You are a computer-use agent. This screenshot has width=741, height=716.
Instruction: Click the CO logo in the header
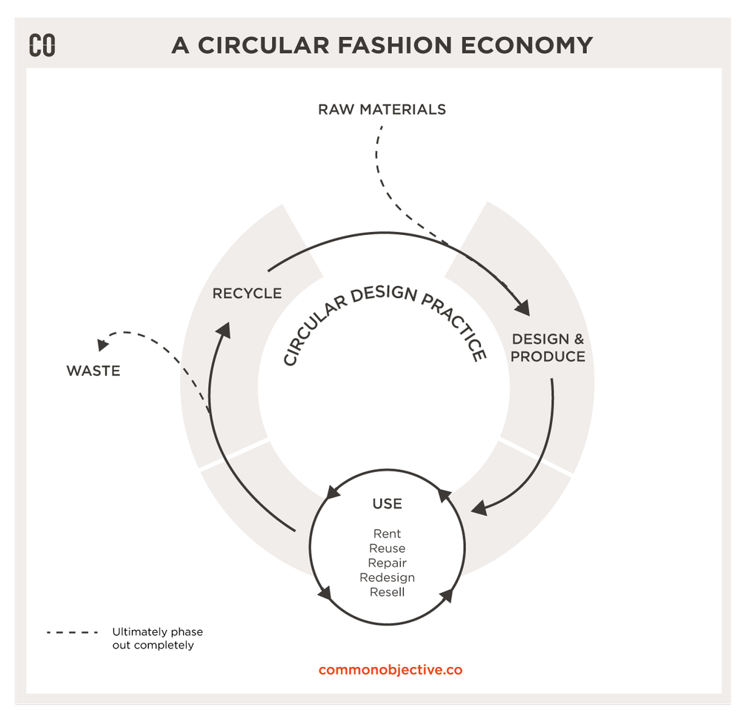click(42, 45)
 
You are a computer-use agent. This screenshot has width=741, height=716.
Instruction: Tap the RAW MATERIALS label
click(382, 110)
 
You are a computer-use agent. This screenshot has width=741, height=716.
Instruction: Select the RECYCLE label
click(247, 294)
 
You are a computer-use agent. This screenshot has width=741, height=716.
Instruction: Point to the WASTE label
click(93, 371)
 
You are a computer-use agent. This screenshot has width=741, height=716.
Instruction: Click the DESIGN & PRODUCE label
click(548, 348)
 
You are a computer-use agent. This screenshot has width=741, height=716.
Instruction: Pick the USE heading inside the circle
click(387, 504)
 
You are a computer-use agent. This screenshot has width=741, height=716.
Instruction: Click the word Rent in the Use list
click(387, 534)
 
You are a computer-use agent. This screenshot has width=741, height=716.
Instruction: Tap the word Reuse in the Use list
click(387, 548)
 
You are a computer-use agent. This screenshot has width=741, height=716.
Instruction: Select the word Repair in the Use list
click(387, 563)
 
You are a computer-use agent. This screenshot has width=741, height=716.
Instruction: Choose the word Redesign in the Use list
click(387, 577)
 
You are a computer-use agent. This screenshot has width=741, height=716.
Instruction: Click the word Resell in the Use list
click(387, 592)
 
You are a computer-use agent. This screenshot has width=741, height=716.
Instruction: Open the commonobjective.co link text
click(390, 670)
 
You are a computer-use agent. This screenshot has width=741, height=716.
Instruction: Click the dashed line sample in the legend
click(72, 632)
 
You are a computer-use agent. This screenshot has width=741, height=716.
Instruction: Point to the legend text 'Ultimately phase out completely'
click(157, 638)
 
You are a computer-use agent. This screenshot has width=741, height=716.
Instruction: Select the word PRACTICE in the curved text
click(454, 324)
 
